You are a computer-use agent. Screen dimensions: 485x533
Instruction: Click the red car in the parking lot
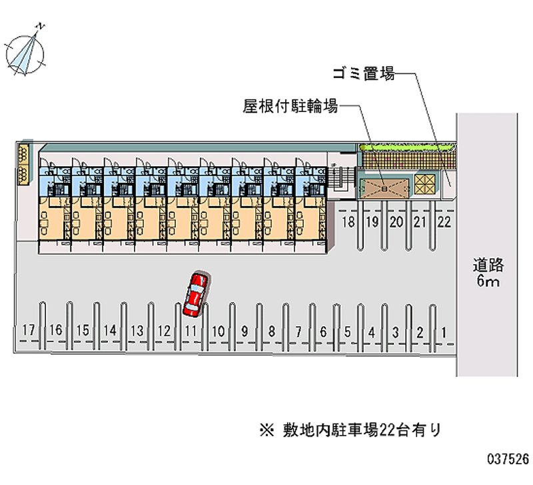tap(196, 294)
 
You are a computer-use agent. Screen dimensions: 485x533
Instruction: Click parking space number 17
tap(28, 330)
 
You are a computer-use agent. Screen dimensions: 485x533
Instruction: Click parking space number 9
tap(245, 330)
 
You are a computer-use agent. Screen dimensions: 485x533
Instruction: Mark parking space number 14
tap(110, 330)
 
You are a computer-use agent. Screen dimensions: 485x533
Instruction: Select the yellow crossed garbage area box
tap(424, 183)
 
